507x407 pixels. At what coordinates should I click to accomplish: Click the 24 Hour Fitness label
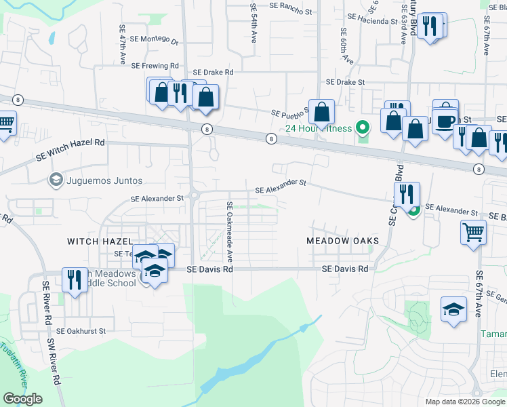(318, 128)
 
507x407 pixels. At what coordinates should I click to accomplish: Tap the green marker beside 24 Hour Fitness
(363, 127)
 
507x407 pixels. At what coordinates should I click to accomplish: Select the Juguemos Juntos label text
(104, 180)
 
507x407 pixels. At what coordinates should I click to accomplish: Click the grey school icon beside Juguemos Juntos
(56, 180)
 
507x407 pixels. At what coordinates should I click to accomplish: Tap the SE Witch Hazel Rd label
(71, 151)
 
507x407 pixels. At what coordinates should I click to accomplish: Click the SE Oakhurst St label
(81, 331)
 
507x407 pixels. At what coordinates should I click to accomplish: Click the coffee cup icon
(445, 121)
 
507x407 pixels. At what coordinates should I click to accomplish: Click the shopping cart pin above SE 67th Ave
(473, 232)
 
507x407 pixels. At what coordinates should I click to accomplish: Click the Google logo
(22, 399)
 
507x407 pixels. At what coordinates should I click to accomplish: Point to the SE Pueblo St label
(290, 113)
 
